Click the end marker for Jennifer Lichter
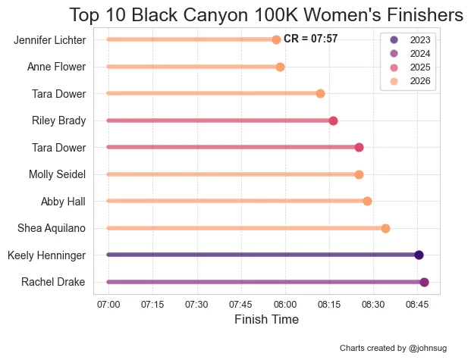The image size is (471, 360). pos(276,39)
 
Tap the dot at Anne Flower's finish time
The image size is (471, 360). pos(280,67)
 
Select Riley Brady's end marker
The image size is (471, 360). pos(333,121)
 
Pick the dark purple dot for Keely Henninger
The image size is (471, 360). pos(419,255)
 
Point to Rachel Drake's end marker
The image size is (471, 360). pos(424,282)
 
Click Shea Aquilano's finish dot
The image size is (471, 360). pos(385,228)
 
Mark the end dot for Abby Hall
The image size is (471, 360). pos(367,201)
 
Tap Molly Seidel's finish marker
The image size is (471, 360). pos(359,174)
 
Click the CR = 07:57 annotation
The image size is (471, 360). pos(310,39)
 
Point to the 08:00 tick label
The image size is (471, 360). pos(286,304)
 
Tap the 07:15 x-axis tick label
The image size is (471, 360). pos(152,304)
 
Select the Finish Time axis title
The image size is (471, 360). pos(266,320)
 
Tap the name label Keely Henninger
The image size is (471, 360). pos(46,255)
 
